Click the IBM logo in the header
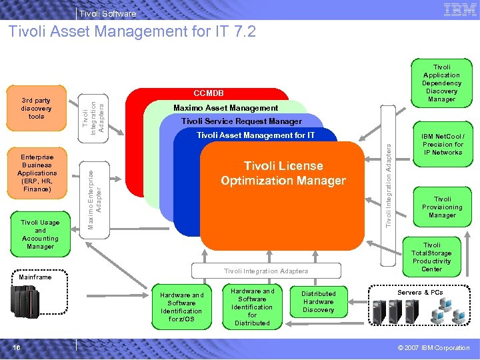(459, 9)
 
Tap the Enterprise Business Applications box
(37, 173)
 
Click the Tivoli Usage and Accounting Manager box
(41, 234)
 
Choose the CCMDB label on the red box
(209, 93)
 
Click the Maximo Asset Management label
(225, 108)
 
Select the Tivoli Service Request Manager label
(241, 121)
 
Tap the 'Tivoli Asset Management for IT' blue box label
(255, 135)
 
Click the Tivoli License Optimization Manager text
(283, 173)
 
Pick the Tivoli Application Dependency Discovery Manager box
(442, 83)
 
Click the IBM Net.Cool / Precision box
(443, 144)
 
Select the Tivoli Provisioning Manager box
(443, 207)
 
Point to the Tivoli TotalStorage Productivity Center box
(432, 257)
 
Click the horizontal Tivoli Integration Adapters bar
(266, 271)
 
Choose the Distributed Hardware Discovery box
(319, 302)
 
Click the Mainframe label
(35, 276)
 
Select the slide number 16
(17, 347)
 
